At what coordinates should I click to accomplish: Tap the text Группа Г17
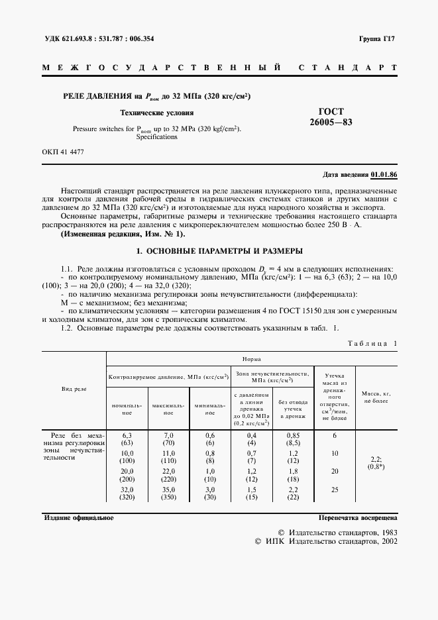click(378, 38)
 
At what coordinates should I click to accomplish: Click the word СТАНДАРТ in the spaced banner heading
click(348, 68)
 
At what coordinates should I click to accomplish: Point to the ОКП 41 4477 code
click(63, 152)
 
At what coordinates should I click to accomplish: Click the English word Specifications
click(157, 137)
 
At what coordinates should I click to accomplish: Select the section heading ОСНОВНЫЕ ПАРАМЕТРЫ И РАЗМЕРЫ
click(219, 252)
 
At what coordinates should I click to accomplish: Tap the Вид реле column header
click(74, 390)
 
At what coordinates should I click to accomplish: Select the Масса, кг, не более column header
click(376, 397)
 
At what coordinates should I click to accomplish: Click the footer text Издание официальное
click(79, 517)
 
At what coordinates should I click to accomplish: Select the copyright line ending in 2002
click(326, 541)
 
